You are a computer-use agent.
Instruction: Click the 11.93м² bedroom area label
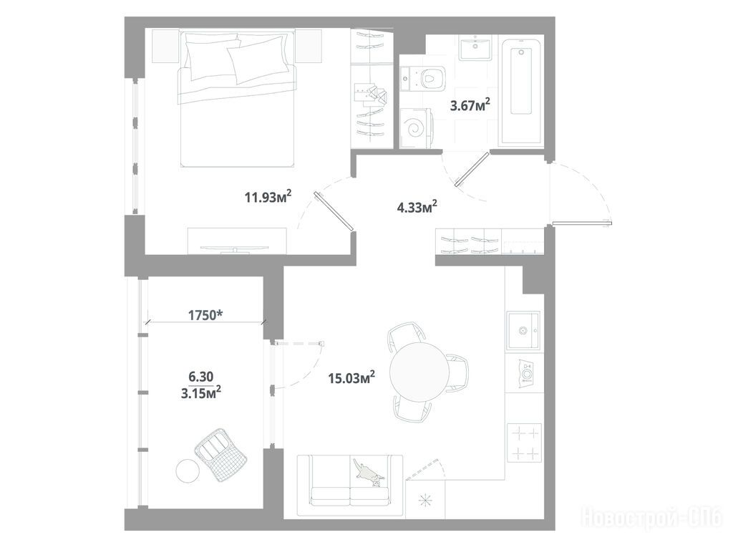pyautogui.click(x=268, y=197)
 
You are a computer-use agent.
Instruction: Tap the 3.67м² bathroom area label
pyautogui.click(x=470, y=105)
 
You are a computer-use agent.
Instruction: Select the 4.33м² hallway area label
pyautogui.click(x=417, y=207)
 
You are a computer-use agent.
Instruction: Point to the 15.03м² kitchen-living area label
pyautogui.click(x=352, y=377)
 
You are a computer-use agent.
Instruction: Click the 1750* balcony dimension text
pyautogui.click(x=205, y=315)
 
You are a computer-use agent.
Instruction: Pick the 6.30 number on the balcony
pyautogui.click(x=200, y=376)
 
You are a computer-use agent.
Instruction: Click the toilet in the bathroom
pyautogui.click(x=423, y=78)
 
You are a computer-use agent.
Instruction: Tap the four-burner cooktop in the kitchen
pyautogui.click(x=525, y=443)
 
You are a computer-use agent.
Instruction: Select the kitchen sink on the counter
pyautogui.click(x=523, y=331)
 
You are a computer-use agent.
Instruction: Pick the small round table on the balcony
pyautogui.click(x=188, y=471)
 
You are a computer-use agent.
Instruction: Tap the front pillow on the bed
pyautogui.click(x=258, y=60)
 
